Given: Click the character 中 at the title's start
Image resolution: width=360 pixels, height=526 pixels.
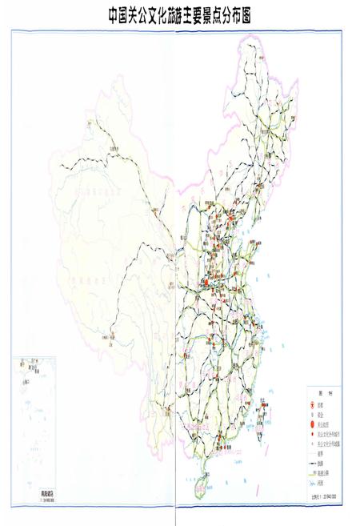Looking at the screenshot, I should point(115,14).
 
